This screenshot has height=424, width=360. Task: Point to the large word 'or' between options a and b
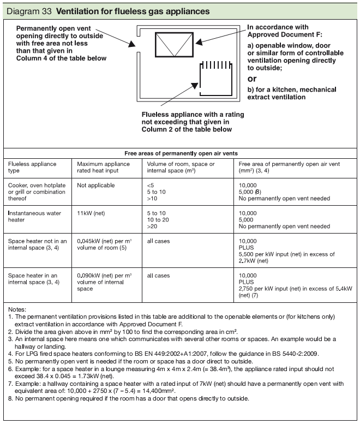pyautogui.click(x=253, y=79)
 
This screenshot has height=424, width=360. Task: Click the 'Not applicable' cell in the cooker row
pyautogui.click(x=96, y=185)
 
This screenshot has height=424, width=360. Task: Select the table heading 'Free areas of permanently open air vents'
pyautogui.click(x=179, y=153)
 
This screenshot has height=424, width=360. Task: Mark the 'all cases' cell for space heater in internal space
pyautogui.click(x=159, y=276)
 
